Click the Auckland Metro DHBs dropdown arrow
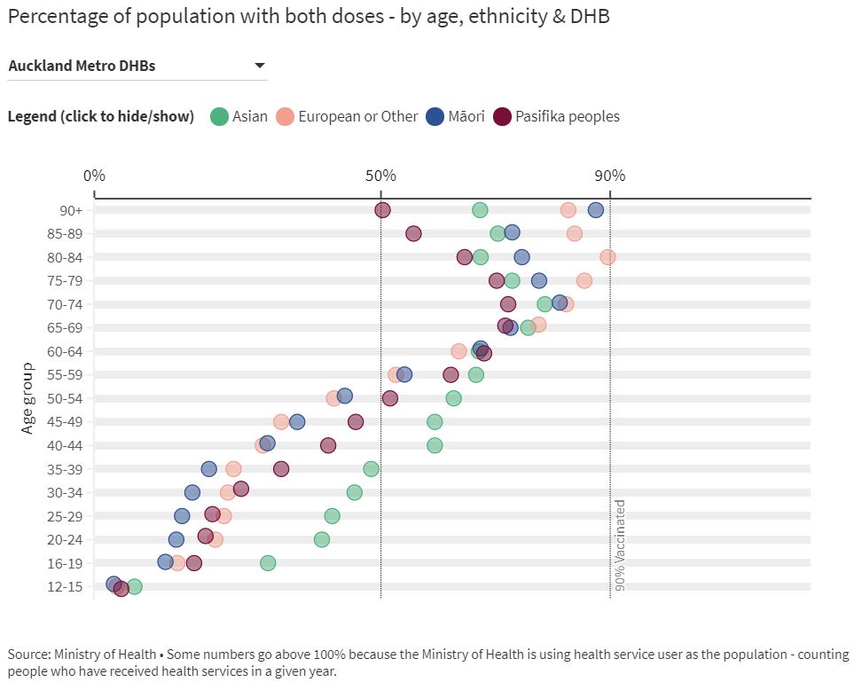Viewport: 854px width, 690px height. [x=260, y=66]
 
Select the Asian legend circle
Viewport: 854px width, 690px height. [x=220, y=116]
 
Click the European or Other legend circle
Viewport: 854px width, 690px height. [x=285, y=116]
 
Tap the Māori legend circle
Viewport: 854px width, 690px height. [x=435, y=116]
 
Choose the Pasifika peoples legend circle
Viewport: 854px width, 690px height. [x=502, y=116]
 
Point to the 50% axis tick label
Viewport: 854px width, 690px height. [x=380, y=175]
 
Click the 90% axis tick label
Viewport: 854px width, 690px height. [x=609, y=175]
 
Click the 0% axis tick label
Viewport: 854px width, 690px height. [x=94, y=175]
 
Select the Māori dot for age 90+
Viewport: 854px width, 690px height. [x=595, y=210]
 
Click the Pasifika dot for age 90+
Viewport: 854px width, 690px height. [x=382, y=210]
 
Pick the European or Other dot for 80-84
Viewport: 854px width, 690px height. [x=607, y=257]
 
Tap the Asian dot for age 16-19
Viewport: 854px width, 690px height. [x=268, y=563]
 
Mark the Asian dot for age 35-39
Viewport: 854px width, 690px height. [x=371, y=469]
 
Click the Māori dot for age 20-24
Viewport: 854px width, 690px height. [x=176, y=539]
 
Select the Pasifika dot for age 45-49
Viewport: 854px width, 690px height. [x=356, y=422]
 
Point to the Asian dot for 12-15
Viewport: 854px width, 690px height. [x=134, y=586]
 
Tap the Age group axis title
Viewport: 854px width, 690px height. [x=27, y=398]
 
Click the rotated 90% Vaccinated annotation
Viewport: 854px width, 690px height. [x=620, y=545]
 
